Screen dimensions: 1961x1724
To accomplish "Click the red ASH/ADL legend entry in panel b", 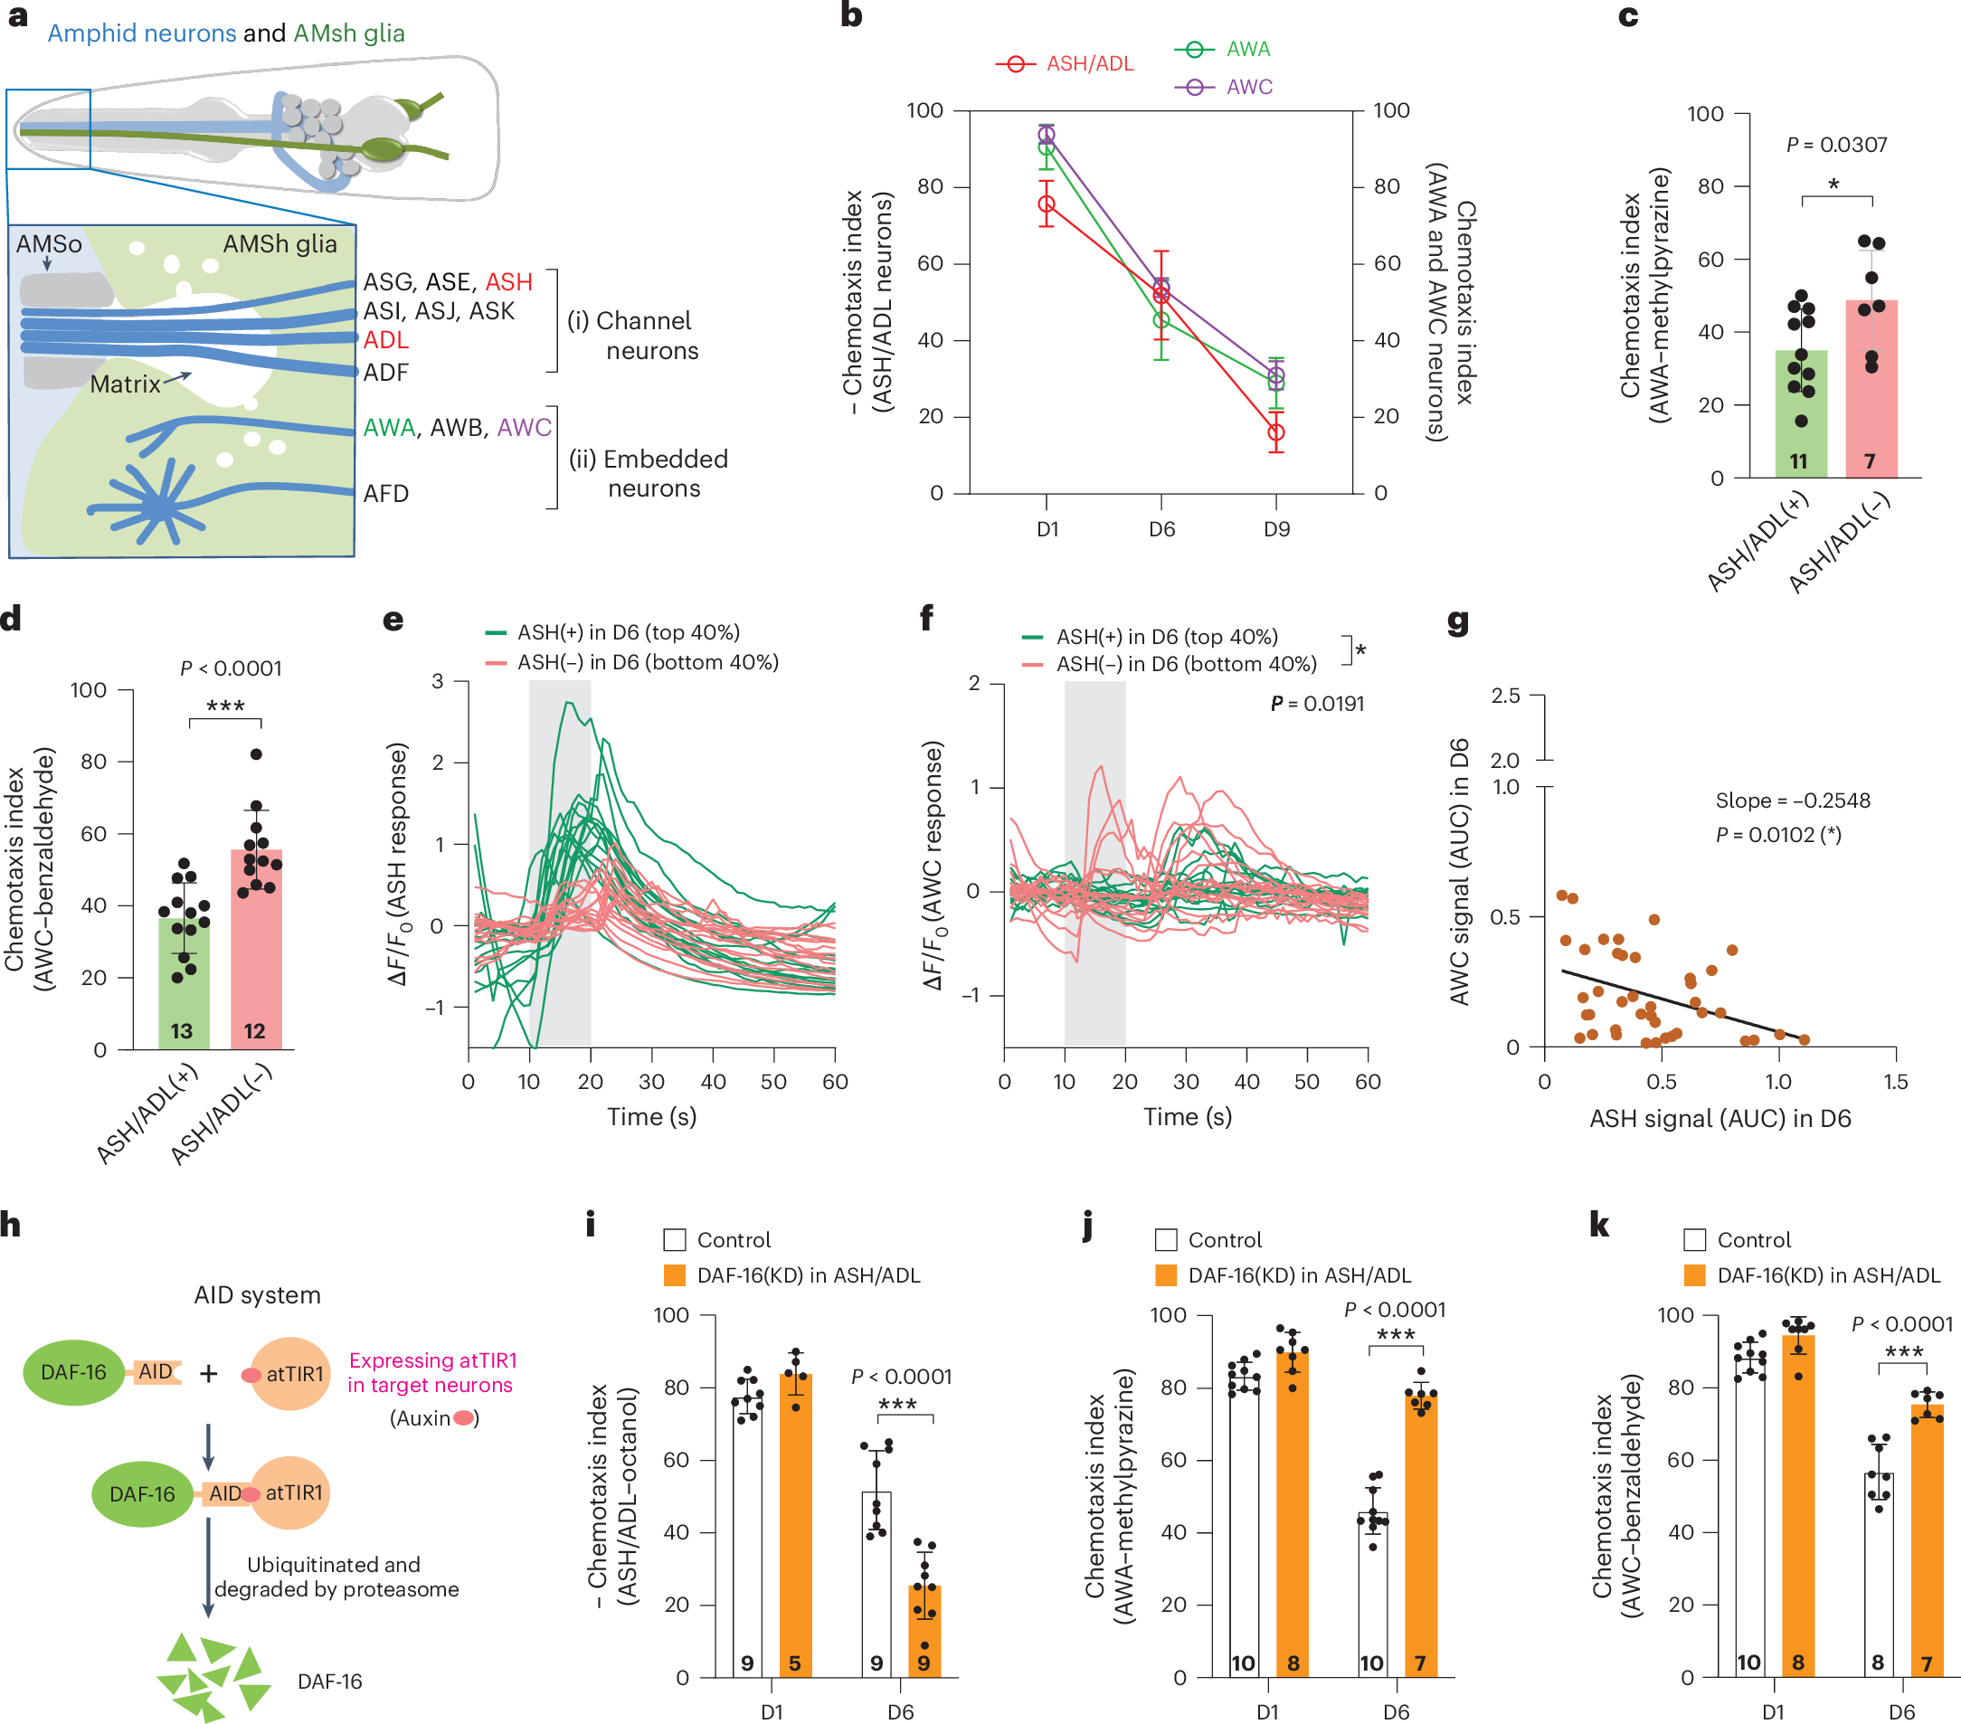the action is pyautogui.click(x=1064, y=64).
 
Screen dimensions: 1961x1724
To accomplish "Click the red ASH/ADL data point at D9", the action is pyautogui.click(x=1275, y=432).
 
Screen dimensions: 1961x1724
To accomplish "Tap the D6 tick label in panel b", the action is pyautogui.click(x=1161, y=528).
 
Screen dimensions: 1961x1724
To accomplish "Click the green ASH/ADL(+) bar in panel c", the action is pyautogui.click(x=1801, y=413).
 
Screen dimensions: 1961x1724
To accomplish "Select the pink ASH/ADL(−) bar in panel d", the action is pyautogui.click(x=256, y=949).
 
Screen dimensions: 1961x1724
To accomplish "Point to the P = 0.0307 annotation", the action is pyautogui.click(x=1836, y=145).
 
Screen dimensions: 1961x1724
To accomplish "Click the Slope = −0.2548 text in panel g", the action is pyautogui.click(x=1792, y=800).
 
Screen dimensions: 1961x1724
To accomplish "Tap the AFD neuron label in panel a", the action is pyautogui.click(x=385, y=494).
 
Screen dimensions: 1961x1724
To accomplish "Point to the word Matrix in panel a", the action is pyautogui.click(x=125, y=384).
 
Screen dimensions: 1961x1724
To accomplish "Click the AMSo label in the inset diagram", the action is pyautogui.click(x=49, y=244).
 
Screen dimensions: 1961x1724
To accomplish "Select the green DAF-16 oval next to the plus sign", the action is pyautogui.click(x=74, y=1372).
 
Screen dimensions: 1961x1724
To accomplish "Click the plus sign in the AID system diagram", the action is pyautogui.click(x=208, y=1374).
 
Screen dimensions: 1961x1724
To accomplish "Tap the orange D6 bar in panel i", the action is pyautogui.click(x=924, y=1631).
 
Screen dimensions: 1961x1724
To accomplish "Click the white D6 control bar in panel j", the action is pyautogui.click(x=1373, y=1595).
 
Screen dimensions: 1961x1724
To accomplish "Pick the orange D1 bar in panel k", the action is pyautogui.click(x=1798, y=1506).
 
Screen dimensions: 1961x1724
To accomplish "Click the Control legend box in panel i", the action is pyautogui.click(x=675, y=1239).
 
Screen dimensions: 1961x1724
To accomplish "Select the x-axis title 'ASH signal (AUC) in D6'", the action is pyautogui.click(x=1720, y=1119).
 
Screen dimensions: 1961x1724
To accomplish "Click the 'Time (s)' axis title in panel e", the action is pyautogui.click(x=651, y=1117).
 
